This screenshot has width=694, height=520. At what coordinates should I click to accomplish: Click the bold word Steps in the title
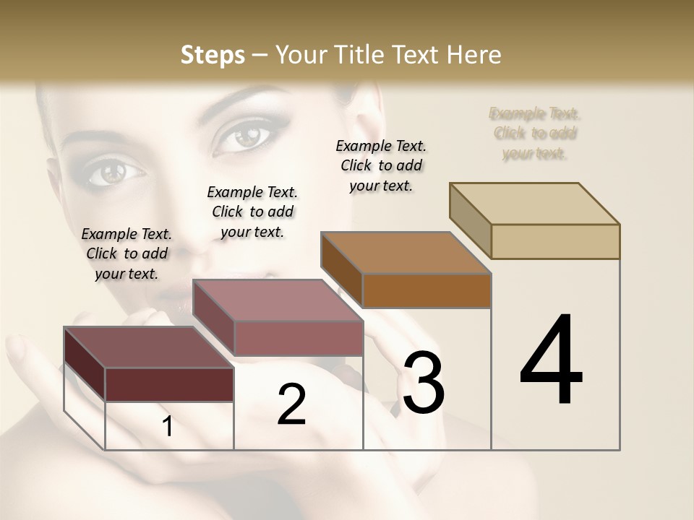(212, 55)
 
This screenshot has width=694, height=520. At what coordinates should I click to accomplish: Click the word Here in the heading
(474, 55)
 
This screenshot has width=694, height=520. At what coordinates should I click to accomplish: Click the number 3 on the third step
(424, 383)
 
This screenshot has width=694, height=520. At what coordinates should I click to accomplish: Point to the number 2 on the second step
(291, 404)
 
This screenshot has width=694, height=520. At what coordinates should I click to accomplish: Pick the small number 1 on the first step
(168, 427)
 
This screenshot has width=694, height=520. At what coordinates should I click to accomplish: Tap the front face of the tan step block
(555, 241)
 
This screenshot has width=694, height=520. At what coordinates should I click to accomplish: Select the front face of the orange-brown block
(427, 290)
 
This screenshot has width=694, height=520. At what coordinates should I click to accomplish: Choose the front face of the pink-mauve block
(298, 338)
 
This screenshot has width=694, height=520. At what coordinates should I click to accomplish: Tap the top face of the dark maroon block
(148, 347)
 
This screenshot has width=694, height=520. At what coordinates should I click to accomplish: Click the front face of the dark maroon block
(169, 384)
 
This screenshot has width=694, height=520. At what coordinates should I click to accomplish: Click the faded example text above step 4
(535, 133)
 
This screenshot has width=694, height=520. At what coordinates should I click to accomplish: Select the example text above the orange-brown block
(381, 165)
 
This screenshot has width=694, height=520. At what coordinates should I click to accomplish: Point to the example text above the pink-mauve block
(252, 212)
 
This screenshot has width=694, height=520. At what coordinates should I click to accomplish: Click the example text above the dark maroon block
(127, 253)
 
